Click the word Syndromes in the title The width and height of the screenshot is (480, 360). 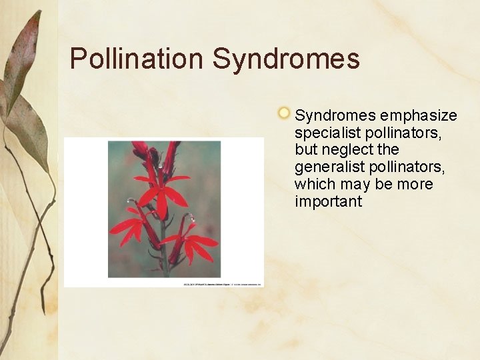pos(286,59)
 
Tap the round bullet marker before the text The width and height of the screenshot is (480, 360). pos(284,113)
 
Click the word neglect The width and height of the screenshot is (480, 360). pos(347,150)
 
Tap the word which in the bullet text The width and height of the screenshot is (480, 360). pos(315,184)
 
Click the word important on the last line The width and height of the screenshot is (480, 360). pos(328,201)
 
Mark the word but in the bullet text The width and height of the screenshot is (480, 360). pos(306,150)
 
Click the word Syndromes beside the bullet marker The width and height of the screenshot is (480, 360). pos(328,116)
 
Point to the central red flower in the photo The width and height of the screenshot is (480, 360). pos(162,193)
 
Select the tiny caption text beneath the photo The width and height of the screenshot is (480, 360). pos(223,285)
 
